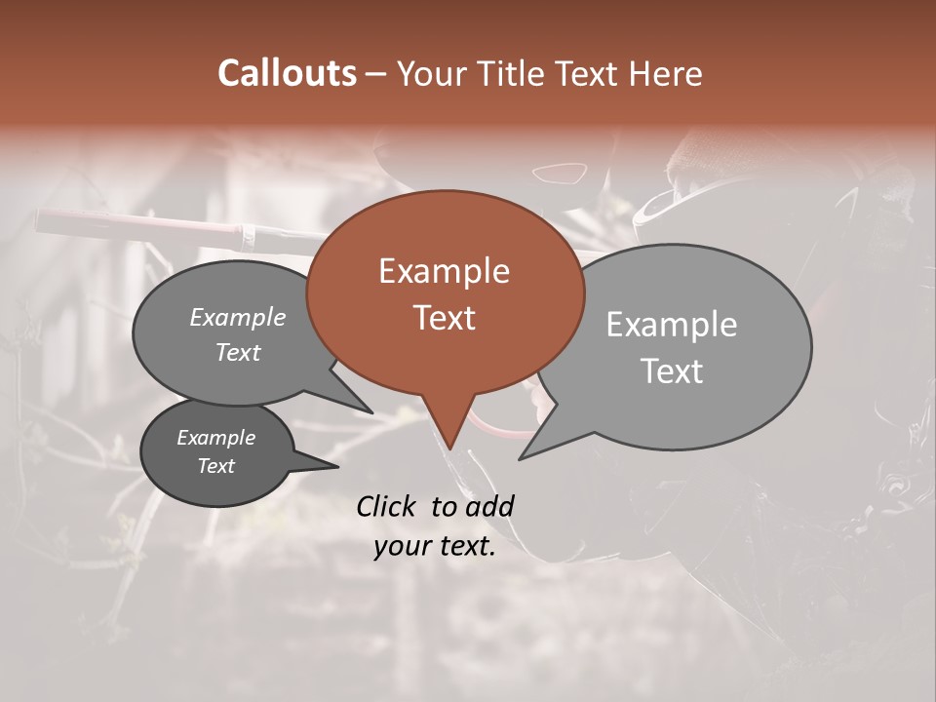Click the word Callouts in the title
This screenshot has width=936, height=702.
coord(287,73)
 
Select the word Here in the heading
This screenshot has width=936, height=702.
coord(667,73)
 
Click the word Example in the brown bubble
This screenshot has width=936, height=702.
coord(444,271)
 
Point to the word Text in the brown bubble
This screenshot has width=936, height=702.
coord(444,317)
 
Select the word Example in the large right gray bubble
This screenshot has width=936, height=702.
coord(671,325)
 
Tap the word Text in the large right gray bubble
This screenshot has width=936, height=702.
coord(671,371)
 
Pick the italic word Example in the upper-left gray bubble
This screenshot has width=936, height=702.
coord(237,318)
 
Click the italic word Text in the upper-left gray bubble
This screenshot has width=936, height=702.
coord(237,353)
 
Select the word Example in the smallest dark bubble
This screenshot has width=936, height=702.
coord(215,438)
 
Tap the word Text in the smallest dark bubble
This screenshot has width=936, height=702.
coord(215,466)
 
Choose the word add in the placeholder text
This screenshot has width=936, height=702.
coord(488,506)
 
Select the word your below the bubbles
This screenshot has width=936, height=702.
coord(402,547)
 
